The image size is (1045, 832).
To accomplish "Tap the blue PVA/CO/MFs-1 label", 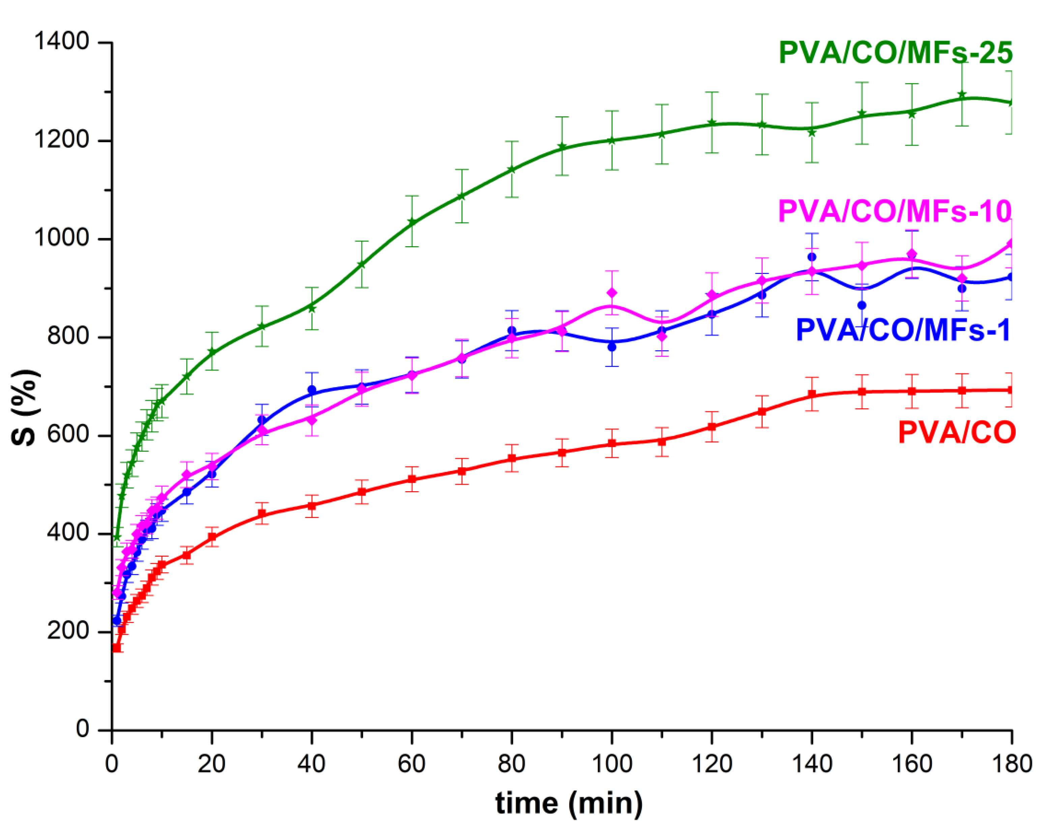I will (x=902, y=330).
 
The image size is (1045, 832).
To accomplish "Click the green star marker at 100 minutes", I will (x=612, y=141).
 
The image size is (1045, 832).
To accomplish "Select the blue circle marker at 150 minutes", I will (x=862, y=305).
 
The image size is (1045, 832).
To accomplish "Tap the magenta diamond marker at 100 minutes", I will (x=612, y=293).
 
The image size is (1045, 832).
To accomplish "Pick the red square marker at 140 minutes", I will (x=812, y=394).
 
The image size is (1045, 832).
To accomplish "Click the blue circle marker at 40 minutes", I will (x=312, y=389).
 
